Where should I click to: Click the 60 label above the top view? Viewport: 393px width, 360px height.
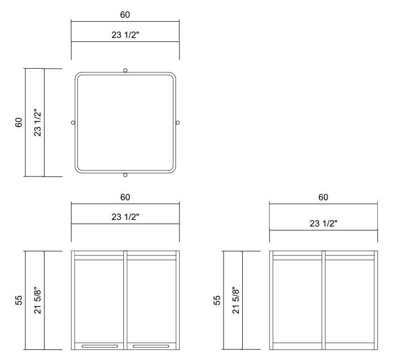click(x=125, y=15)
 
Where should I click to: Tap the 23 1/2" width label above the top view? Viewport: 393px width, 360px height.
click(x=125, y=35)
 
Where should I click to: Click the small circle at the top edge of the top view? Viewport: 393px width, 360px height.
click(x=125, y=70)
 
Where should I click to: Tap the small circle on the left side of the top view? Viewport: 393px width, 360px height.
click(x=73, y=122)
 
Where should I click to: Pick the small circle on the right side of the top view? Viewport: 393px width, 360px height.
click(x=178, y=122)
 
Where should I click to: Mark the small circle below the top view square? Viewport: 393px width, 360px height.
click(x=125, y=175)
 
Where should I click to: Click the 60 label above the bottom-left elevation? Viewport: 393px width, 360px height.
click(x=125, y=197)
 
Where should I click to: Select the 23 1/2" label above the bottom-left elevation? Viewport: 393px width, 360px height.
click(x=125, y=217)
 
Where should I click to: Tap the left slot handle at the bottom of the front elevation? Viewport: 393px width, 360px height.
click(x=100, y=346)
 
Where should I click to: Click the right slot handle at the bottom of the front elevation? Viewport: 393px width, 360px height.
click(x=151, y=346)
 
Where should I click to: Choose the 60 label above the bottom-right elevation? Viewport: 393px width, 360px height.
click(x=323, y=197)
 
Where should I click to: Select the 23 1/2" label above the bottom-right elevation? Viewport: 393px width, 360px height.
click(x=323, y=223)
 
